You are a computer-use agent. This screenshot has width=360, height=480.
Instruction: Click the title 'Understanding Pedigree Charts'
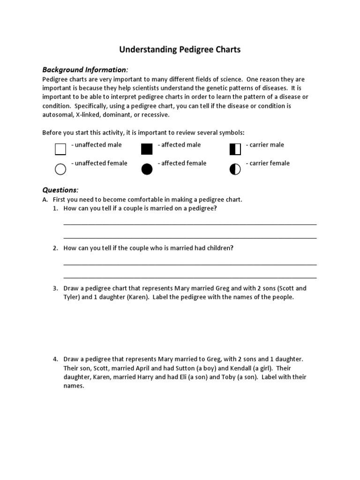click(x=180, y=49)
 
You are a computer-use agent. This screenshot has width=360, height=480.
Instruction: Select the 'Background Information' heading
click(x=84, y=69)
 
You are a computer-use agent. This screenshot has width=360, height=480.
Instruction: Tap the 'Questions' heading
click(x=60, y=190)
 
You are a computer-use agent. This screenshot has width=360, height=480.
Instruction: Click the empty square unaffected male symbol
click(x=60, y=150)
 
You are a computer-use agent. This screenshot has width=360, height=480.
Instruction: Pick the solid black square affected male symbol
click(x=147, y=150)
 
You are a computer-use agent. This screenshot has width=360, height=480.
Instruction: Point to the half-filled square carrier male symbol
click(x=235, y=150)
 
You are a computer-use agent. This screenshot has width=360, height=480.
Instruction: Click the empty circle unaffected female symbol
click(x=60, y=169)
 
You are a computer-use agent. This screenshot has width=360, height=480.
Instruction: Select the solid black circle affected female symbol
click(x=147, y=169)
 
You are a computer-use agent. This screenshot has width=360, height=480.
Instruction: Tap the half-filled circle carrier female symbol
click(x=235, y=169)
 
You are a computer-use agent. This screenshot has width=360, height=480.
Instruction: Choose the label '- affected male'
click(x=179, y=145)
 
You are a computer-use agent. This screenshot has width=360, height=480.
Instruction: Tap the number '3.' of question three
click(x=55, y=288)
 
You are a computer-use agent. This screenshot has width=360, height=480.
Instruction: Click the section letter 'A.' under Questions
click(x=45, y=199)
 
